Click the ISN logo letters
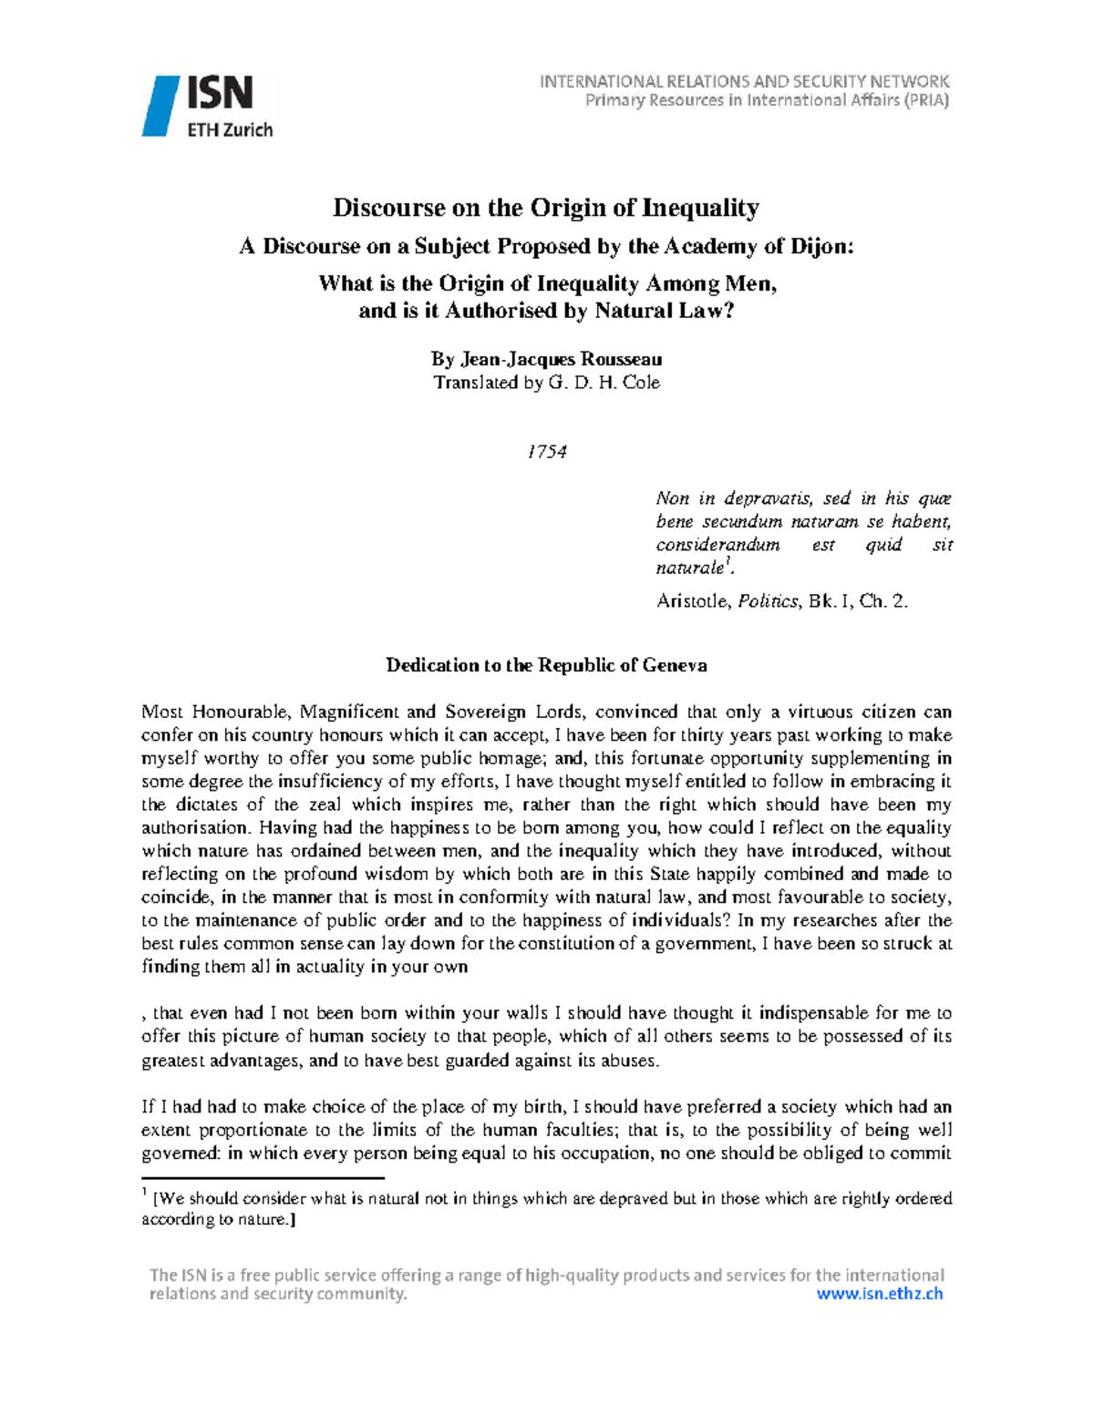221,94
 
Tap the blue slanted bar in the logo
160,107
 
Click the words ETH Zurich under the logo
230,129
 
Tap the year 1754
547,452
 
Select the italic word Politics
770,601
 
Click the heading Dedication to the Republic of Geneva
546,665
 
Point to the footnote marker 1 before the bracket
144,1194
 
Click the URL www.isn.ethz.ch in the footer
879,1294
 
